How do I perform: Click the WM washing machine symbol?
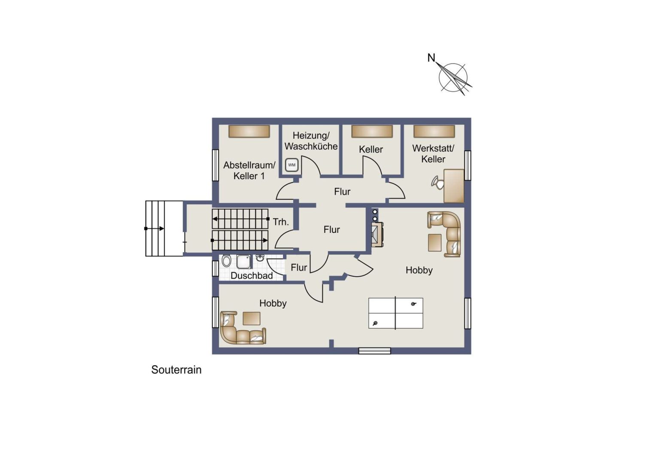(x=292, y=165)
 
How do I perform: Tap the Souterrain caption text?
(x=176, y=370)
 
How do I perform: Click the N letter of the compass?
(x=431, y=58)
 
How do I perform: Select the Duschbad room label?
(x=252, y=275)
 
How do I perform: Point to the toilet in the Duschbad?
(x=226, y=261)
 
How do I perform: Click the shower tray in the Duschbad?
(x=244, y=262)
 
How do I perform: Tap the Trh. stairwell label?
(x=281, y=222)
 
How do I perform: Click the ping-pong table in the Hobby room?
(x=396, y=313)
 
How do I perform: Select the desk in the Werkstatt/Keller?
(x=454, y=186)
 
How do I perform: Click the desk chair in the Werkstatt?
(x=437, y=182)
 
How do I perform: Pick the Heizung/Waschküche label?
(x=311, y=140)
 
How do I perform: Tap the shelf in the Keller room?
(x=372, y=131)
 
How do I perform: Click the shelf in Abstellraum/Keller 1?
(x=249, y=131)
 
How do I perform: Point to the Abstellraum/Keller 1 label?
(x=249, y=171)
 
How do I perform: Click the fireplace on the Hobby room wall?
(x=377, y=235)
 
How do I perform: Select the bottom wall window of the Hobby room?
(x=374, y=351)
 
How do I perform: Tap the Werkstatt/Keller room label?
(x=433, y=153)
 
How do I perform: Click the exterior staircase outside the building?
(x=164, y=229)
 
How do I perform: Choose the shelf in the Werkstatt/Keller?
(x=434, y=131)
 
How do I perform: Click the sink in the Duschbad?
(x=260, y=258)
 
